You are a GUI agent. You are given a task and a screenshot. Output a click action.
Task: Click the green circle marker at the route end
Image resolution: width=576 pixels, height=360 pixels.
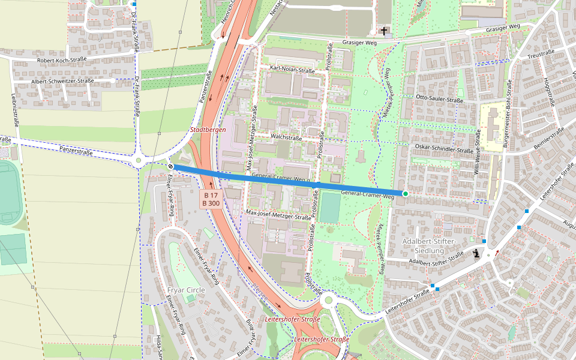[x=406, y=193]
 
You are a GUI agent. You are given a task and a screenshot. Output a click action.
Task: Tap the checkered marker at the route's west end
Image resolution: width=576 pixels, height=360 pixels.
[x=171, y=166]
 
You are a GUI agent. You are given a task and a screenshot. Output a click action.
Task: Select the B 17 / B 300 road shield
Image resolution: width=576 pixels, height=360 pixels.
[x=211, y=199]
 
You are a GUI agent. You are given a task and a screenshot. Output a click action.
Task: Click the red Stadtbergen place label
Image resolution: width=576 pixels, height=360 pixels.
[x=208, y=130]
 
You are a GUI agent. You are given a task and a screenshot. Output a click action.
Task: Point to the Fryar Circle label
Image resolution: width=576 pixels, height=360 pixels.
[x=185, y=290]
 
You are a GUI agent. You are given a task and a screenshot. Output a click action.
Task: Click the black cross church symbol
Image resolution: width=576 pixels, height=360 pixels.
[x=384, y=30]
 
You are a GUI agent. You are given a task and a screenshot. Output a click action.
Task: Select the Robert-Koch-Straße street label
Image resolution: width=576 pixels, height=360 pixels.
[x=62, y=61]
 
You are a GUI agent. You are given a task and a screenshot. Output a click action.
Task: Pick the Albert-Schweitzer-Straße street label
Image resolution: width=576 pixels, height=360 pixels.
[x=62, y=81]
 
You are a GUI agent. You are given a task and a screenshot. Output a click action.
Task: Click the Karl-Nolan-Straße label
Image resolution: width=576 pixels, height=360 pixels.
[x=292, y=70]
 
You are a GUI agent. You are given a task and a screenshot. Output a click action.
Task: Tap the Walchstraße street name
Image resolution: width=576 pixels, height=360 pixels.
[x=286, y=137]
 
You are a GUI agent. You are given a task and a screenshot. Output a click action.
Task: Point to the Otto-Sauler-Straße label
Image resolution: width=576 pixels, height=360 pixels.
[x=439, y=98]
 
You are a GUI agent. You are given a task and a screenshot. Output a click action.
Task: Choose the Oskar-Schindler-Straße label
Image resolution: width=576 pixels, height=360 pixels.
[x=444, y=150]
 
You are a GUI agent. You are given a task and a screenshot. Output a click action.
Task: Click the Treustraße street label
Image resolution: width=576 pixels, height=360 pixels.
[x=541, y=53]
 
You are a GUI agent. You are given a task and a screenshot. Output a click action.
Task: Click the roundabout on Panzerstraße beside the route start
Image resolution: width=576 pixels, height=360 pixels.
[x=139, y=160]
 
